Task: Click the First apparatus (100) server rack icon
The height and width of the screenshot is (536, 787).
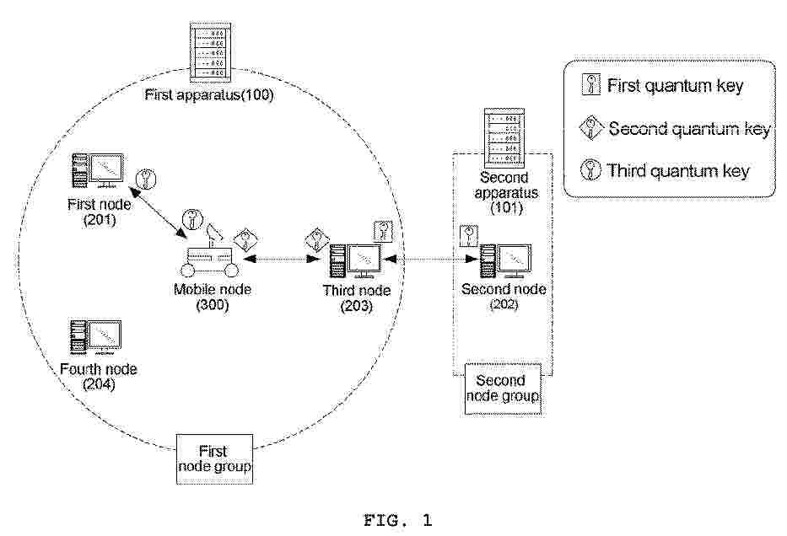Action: (211, 51)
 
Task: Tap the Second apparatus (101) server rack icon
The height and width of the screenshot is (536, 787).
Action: (504, 138)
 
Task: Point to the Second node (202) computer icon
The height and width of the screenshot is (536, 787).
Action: (506, 260)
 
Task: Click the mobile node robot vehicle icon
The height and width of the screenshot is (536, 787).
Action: (211, 253)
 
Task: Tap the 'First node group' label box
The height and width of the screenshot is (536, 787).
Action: (214, 458)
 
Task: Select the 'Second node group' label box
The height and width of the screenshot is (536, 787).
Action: (503, 389)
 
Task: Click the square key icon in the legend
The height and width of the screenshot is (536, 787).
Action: (591, 84)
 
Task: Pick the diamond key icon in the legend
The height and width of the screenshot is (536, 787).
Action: (590, 128)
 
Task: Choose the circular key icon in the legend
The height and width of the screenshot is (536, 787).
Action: (590, 170)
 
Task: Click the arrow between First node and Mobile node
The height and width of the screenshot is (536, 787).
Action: (158, 212)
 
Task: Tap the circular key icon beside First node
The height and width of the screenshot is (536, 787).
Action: (146, 179)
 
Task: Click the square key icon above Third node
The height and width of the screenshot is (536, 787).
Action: (384, 231)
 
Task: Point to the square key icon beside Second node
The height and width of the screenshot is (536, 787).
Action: (469, 236)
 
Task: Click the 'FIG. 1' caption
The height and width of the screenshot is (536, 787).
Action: (397, 520)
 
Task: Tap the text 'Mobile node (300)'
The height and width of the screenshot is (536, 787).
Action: (213, 297)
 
